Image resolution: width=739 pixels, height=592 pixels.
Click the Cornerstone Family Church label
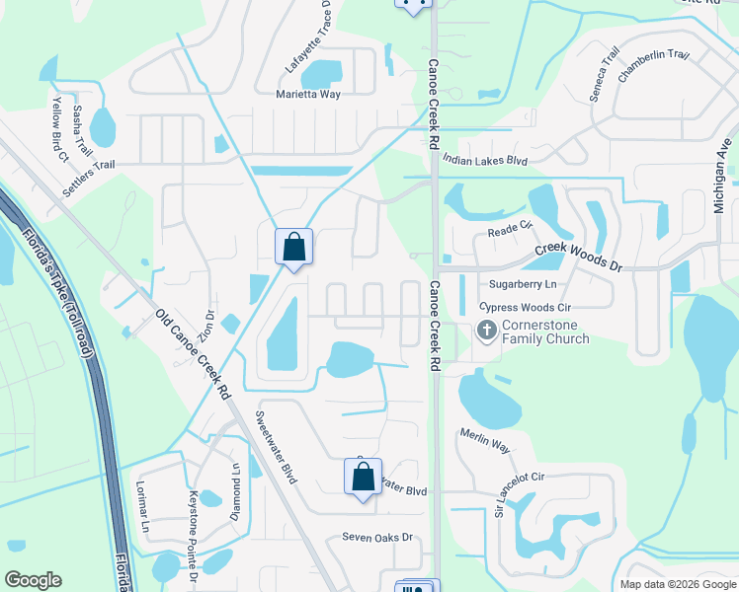click(x=544, y=331)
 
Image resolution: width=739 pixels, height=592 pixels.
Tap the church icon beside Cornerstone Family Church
click(x=485, y=330)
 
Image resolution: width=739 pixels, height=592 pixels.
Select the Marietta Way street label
click(x=308, y=95)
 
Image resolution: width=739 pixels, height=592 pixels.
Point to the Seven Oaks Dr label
click(x=376, y=538)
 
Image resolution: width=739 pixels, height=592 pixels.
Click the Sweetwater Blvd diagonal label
click(x=277, y=446)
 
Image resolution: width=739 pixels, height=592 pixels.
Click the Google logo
click(x=33, y=580)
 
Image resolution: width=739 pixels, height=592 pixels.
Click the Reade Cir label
click(x=510, y=232)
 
